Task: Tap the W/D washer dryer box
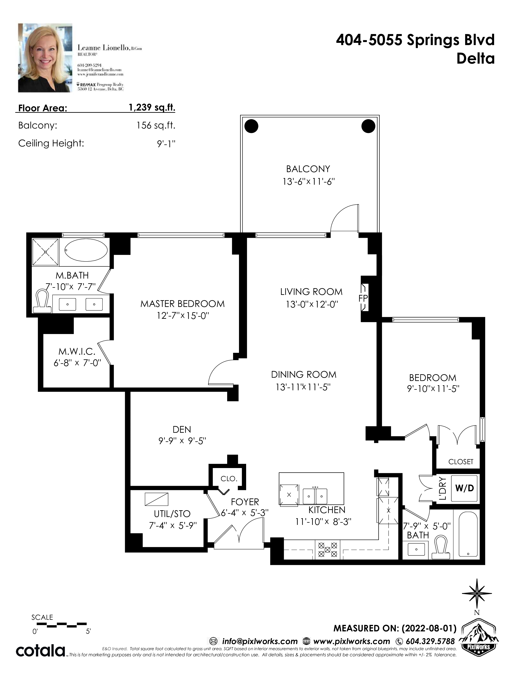(464, 488)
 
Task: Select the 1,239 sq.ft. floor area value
(152, 107)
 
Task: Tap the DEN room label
(182, 429)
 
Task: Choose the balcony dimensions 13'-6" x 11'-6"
(308, 182)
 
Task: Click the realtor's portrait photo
(45, 58)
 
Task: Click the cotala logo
(40, 651)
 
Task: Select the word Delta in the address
(475, 58)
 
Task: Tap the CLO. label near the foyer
(229, 479)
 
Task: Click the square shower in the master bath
(45, 251)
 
